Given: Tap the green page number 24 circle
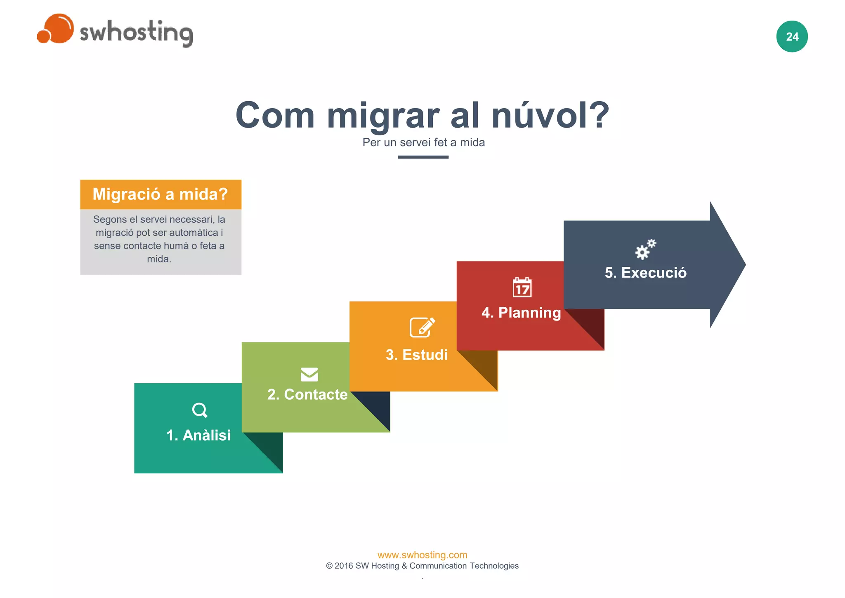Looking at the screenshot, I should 792,37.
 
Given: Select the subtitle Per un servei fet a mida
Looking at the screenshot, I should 423,142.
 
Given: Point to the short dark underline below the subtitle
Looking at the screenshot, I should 423,157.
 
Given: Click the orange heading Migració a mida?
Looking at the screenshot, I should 160,194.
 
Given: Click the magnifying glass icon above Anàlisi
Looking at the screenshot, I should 200,410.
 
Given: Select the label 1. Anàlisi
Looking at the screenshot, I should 198,435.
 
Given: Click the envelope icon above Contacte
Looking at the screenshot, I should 309,374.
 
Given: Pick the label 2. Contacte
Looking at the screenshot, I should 307,394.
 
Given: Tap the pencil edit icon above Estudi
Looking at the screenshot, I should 422,327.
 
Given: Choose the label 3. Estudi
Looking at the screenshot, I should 417,355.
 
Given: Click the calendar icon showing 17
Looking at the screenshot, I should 522,287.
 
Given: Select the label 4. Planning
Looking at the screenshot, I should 521,313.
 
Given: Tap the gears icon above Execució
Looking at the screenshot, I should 645,249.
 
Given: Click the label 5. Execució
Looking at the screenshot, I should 645,273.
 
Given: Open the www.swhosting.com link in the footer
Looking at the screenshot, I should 422,555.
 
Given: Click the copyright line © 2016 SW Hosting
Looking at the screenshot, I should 422,566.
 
